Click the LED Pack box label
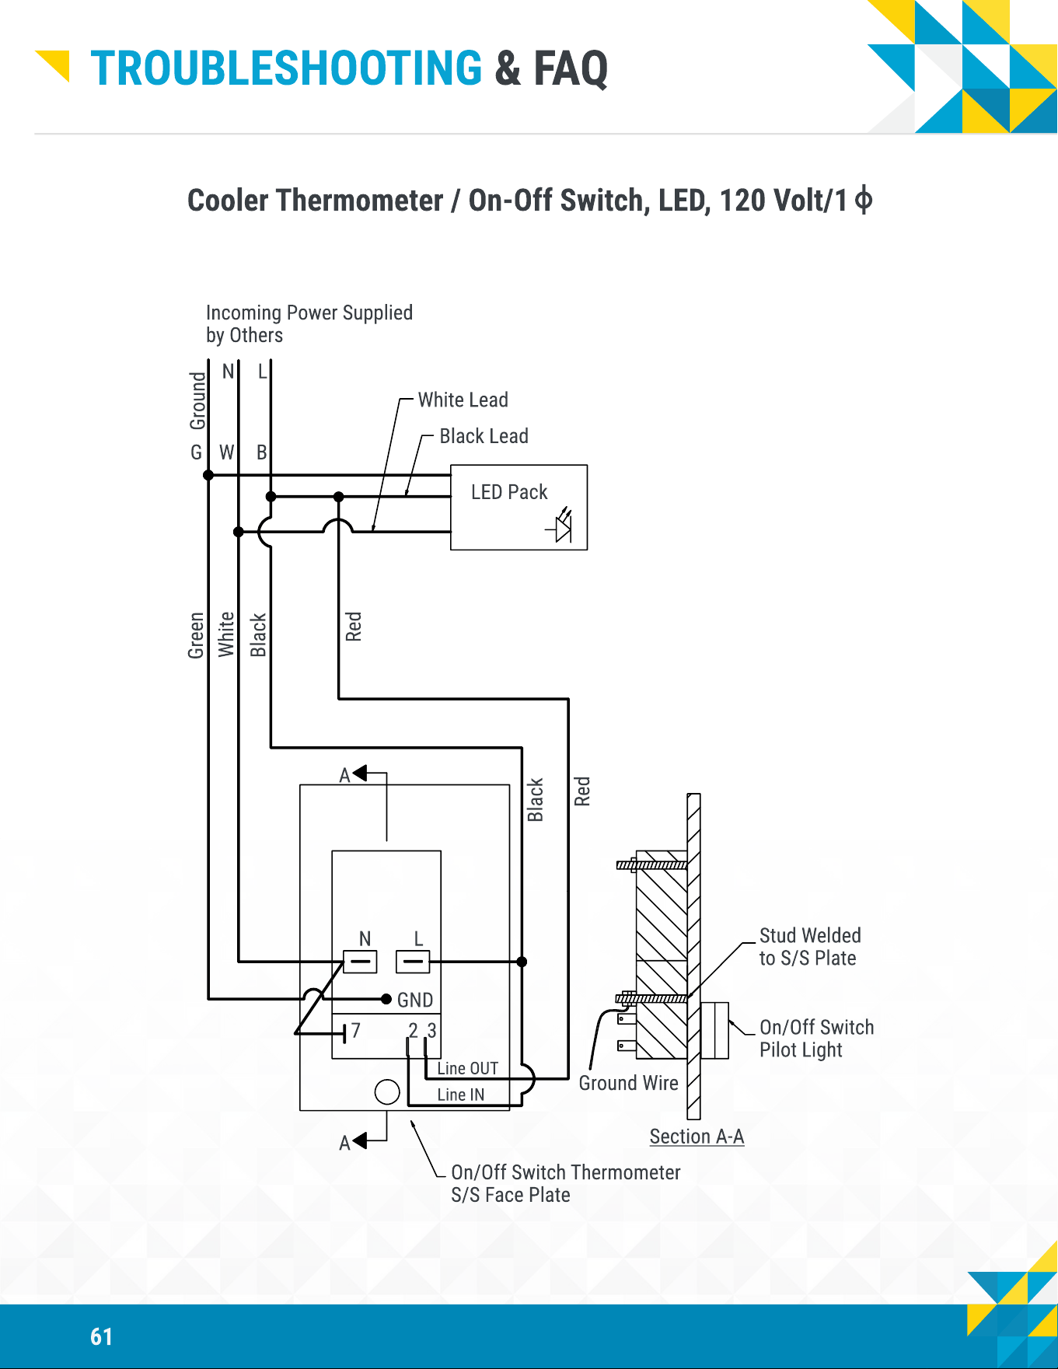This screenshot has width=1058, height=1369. point(509,492)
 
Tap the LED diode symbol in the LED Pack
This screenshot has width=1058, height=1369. point(561,526)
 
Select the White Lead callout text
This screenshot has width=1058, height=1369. point(463,400)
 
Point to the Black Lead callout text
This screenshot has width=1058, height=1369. point(484,436)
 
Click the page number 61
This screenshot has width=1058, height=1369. point(102,1336)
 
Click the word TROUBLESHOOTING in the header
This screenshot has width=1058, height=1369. point(286,68)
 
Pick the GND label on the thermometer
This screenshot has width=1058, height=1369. point(415,1000)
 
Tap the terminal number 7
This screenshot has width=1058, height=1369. point(356,1031)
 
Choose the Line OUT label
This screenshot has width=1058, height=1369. point(467,1068)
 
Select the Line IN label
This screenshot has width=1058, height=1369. point(460,1095)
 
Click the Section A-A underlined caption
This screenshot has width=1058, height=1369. point(697,1137)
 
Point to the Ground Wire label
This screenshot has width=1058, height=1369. point(628,1083)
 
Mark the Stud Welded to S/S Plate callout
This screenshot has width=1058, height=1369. point(810,947)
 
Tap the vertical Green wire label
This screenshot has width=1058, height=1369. point(196,635)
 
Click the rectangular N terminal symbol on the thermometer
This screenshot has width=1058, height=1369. point(360,962)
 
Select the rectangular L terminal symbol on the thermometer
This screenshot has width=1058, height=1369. point(413,962)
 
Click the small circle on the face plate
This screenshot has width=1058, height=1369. point(387,1092)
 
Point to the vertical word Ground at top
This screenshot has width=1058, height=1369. point(198,400)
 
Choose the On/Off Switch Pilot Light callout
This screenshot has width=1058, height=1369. point(816,1039)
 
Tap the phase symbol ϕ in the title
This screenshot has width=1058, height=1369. point(863,201)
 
